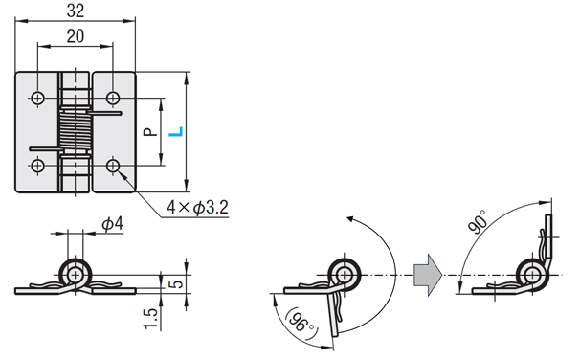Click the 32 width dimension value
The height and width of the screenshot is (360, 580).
coord(76,11)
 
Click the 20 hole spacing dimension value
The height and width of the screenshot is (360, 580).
coord(76,36)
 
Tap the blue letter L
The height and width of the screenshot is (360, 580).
coord(176,132)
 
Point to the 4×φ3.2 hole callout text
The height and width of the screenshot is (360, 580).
coord(197,207)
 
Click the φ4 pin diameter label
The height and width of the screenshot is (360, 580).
coord(112,224)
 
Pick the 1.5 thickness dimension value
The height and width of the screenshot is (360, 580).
coord(150,319)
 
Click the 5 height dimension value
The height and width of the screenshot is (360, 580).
coord(178,284)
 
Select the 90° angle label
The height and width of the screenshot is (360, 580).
coord(478,221)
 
